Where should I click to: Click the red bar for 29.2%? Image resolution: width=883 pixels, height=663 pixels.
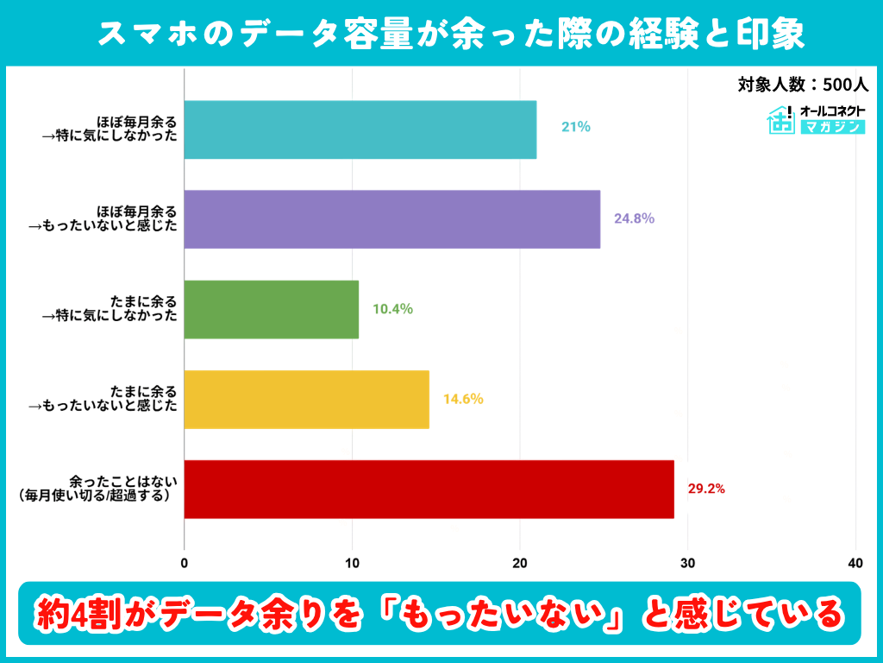coord(429,489)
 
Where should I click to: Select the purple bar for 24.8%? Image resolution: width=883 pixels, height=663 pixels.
coord(392,219)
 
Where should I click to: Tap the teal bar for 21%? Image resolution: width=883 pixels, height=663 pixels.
coord(360,129)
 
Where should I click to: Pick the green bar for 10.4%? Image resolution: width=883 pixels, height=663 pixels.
coord(272,309)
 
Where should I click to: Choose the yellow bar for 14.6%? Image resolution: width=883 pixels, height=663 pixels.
coord(307,400)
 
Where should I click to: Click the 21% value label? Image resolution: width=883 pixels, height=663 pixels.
coord(576,127)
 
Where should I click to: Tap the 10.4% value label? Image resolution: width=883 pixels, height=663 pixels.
coord(392,308)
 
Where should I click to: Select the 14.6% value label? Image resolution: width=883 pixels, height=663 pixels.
coord(463,399)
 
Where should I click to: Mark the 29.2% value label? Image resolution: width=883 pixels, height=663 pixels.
coord(706,489)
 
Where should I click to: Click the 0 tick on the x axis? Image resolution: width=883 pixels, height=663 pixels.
coord(185,564)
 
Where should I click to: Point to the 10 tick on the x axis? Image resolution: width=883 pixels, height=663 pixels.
coord(352,564)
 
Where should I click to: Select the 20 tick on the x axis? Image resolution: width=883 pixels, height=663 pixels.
coord(520,564)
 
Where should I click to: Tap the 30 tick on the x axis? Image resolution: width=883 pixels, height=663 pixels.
coord(687,564)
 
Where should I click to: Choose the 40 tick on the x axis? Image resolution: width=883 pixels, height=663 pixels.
coord(855,564)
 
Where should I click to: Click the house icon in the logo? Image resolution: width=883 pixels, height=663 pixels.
coord(781,120)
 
